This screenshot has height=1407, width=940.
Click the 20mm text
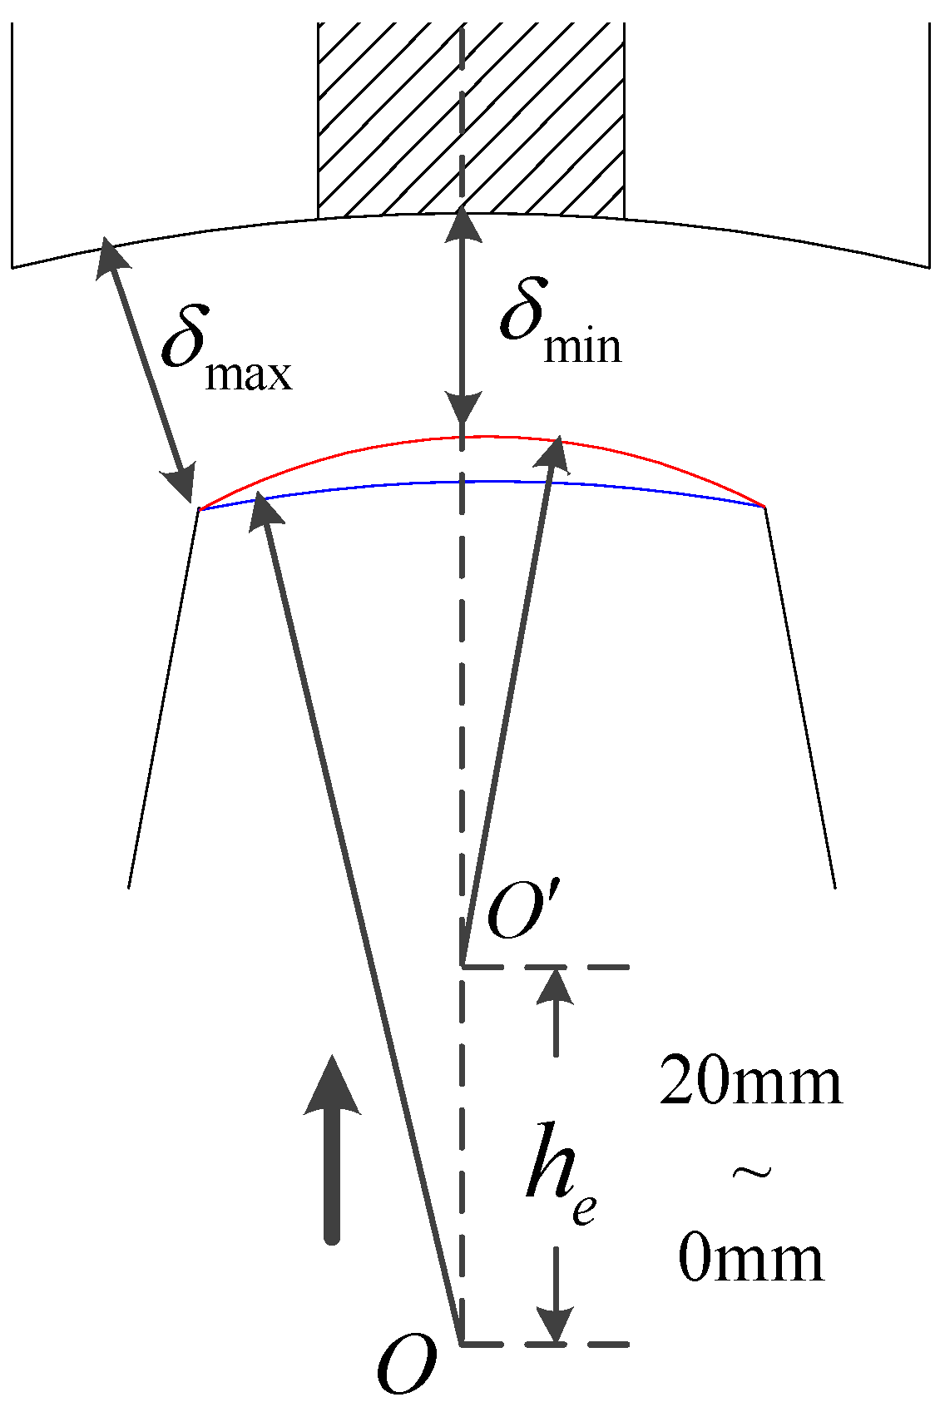click(x=750, y=1082)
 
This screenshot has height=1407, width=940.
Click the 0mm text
click(x=750, y=1257)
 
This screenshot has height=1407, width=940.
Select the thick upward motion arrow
click(x=332, y=1148)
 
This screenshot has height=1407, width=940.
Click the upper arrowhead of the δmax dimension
click(x=111, y=253)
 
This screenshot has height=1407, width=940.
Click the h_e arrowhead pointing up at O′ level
click(x=556, y=986)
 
